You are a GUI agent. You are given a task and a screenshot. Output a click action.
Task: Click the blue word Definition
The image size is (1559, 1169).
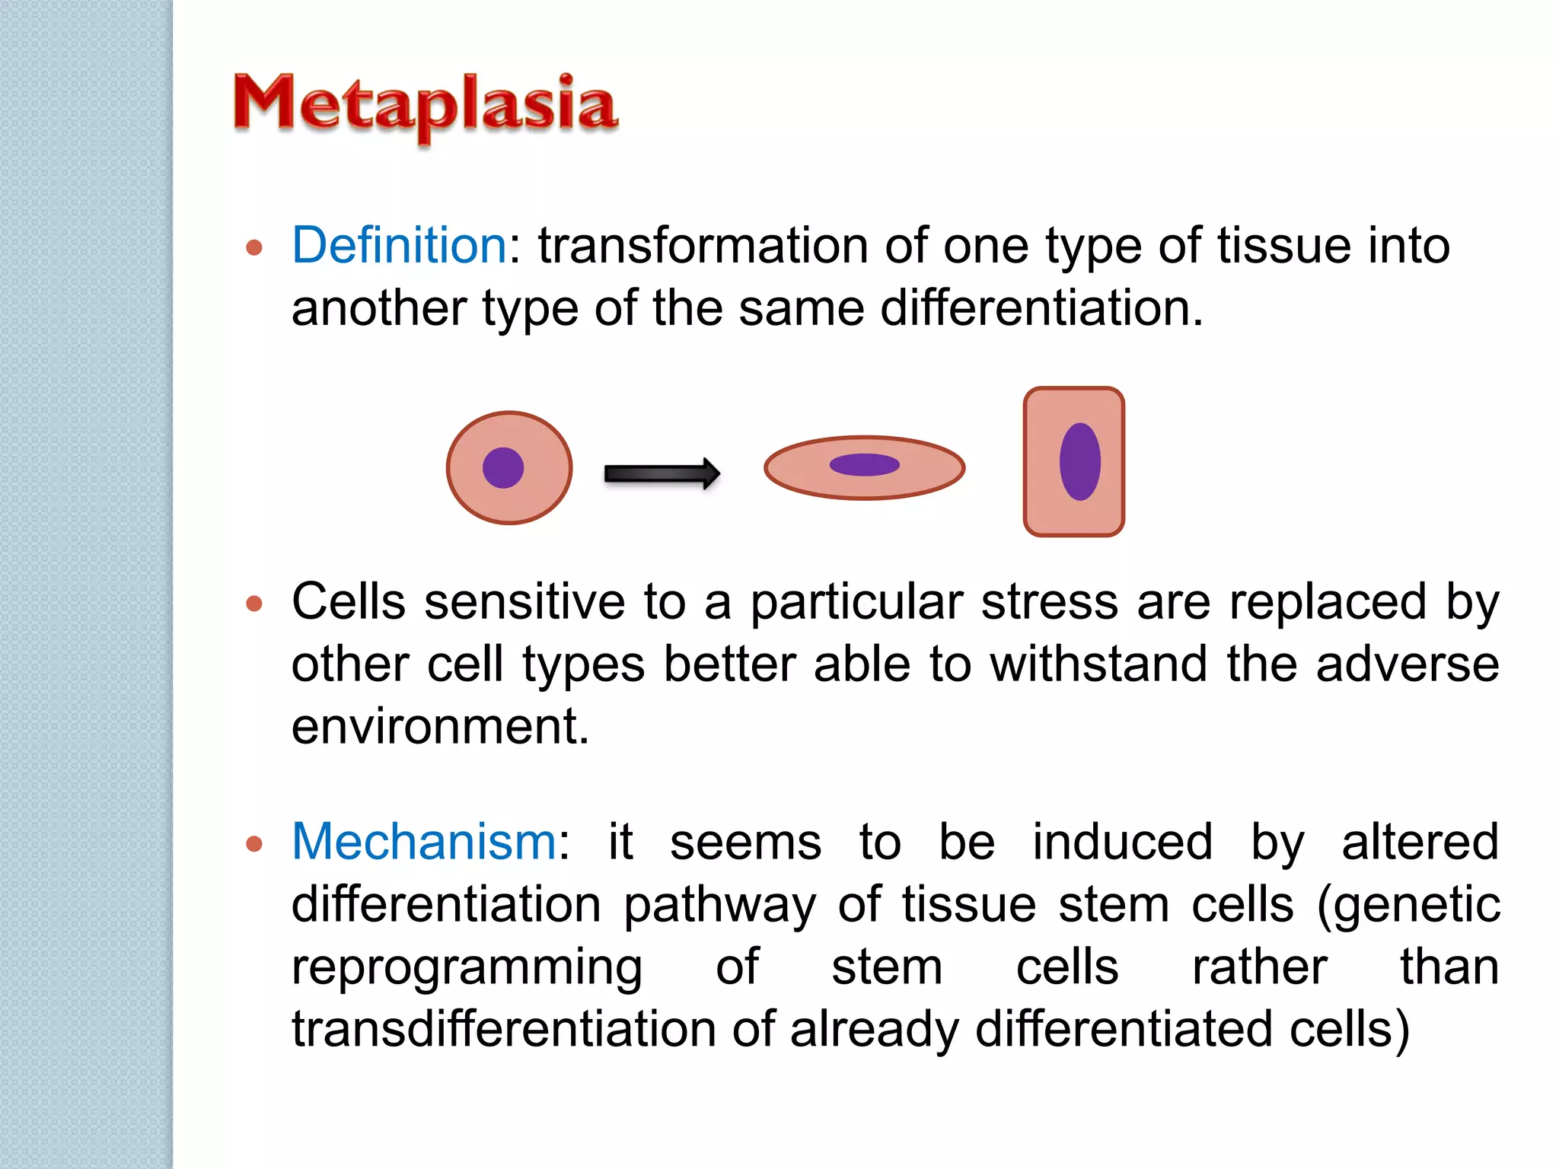coord(399,246)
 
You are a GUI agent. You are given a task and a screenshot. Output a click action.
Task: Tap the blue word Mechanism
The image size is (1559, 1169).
coord(425,843)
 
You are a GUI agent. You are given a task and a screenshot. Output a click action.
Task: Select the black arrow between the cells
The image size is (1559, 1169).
coord(661,474)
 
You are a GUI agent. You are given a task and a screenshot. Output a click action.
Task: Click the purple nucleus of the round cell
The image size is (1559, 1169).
coord(503,467)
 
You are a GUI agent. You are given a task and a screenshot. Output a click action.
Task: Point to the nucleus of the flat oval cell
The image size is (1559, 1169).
coord(864,464)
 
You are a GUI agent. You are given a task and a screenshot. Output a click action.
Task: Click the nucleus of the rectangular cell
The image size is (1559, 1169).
coord(1079,461)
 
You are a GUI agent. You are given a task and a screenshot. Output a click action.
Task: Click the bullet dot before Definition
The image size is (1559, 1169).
coord(254,248)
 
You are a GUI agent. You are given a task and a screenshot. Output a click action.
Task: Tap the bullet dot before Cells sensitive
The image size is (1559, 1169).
coord(254,604)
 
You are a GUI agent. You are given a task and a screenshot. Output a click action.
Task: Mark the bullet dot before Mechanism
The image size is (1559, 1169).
coord(254,844)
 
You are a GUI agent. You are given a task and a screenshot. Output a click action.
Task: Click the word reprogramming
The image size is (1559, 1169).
coord(467,968)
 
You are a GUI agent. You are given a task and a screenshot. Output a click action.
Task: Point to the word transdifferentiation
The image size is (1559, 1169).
coord(502,1029)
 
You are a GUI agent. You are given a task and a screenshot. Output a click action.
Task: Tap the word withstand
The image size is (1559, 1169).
coord(1098,664)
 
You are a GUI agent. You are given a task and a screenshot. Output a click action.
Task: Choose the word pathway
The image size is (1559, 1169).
coord(719,906)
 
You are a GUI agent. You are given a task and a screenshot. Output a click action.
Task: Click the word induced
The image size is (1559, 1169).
coord(1122,843)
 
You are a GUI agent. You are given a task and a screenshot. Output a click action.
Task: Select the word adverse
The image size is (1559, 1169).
coord(1408,664)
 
